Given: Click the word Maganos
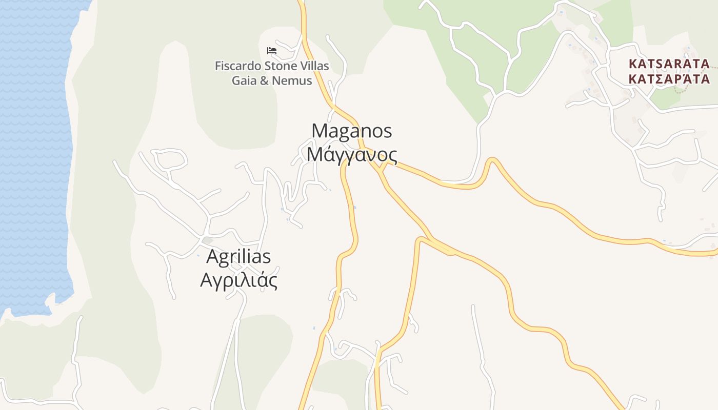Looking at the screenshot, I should (x=352, y=131).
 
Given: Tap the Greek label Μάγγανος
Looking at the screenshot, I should (x=352, y=154).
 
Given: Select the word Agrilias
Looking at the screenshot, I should (x=238, y=256).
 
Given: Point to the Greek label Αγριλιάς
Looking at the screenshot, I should (x=238, y=280).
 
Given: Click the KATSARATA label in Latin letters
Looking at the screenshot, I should (x=669, y=64).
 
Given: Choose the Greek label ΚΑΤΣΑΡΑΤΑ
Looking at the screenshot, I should (x=669, y=79).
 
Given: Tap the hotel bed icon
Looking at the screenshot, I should (x=272, y=50).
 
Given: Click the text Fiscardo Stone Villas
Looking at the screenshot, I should (x=272, y=66).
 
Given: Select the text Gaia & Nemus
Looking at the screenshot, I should (x=272, y=80).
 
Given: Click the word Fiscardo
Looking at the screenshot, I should (x=237, y=66).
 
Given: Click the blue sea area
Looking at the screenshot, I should (x=31, y=154).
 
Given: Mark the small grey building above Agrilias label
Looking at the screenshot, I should (x=207, y=240).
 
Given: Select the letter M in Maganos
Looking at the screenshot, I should (x=319, y=131).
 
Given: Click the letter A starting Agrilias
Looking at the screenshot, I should (x=212, y=256).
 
